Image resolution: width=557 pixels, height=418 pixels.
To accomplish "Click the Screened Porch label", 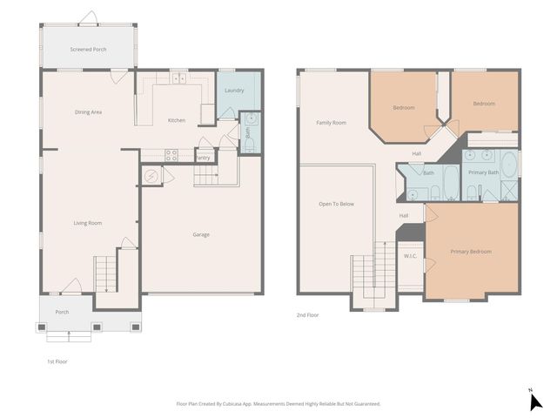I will [x=88, y=50].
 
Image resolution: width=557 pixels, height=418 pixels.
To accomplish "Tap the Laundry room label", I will [x=234, y=91].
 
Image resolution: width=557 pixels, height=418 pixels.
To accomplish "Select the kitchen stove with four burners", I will [x=171, y=156].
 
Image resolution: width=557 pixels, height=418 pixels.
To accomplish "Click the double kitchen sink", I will [x=179, y=78].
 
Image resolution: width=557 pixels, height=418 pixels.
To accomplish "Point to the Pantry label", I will [x=202, y=158].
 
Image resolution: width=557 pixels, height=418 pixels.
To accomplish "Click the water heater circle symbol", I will [x=151, y=176].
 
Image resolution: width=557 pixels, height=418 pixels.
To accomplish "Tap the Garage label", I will [x=201, y=234].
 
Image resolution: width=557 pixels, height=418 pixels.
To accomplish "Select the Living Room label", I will [x=87, y=223].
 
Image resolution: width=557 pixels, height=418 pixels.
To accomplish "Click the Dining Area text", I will [x=89, y=112].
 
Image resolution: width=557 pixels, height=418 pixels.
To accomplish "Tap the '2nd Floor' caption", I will [x=308, y=315].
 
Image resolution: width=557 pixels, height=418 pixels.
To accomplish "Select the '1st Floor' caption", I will [x=57, y=361].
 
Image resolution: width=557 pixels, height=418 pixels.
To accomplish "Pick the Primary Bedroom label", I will [x=471, y=252].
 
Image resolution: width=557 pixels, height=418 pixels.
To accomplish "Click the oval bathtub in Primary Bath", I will [x=509, y=165].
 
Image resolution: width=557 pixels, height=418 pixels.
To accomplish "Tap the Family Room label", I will [x=331, y=123].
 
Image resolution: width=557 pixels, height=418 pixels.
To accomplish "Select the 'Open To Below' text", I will [x=336, y=204].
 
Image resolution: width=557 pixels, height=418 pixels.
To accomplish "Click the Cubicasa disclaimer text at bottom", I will [x=278, y=403].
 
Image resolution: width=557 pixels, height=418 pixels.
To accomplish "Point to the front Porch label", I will [x=63, y=312].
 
